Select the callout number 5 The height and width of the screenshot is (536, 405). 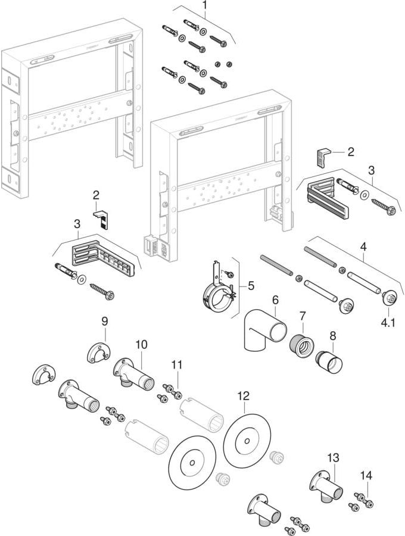[251, 285]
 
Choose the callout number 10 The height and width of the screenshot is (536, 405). [141, 344]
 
